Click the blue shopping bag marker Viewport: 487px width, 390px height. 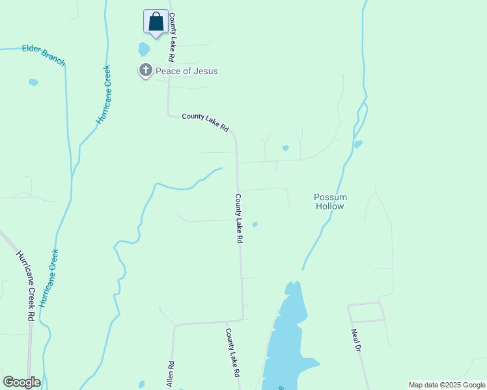click(156, 22)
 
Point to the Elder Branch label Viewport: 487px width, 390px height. click(44, 55)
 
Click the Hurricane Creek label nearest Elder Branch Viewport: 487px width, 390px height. click(104, 95)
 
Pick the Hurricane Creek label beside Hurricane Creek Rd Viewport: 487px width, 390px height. click(49, 278)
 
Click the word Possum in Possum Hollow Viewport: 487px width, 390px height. click(330, 197)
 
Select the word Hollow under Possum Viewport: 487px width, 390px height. click(330, 206)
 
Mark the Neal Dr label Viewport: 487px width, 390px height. click(355, 340)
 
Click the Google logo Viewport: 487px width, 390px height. click(21, 382)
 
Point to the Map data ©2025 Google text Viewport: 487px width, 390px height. click(447, 385)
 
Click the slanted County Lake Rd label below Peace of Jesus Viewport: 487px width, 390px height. click(205, 122)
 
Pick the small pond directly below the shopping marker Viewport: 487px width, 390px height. click(144, 49)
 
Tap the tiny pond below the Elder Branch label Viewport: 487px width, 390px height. click(33, 83)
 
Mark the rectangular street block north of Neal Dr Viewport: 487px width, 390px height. click(366, 313)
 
